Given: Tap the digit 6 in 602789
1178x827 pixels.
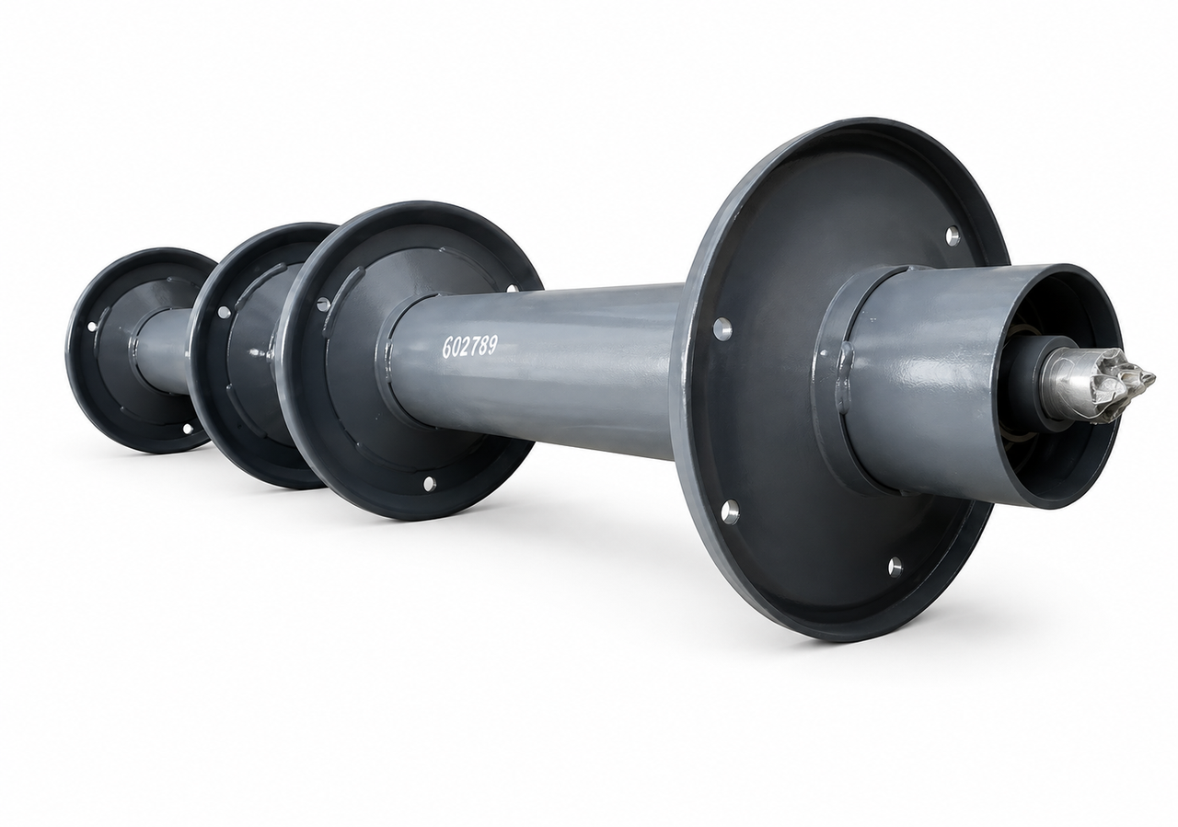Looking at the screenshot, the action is (x=449, y=349).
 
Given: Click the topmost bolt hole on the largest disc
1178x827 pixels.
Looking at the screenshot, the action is (x=952, y=235).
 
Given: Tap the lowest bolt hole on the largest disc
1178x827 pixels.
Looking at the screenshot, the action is (x=895, y=567).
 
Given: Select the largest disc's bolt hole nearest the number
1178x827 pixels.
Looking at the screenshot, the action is (x=722, y=328).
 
